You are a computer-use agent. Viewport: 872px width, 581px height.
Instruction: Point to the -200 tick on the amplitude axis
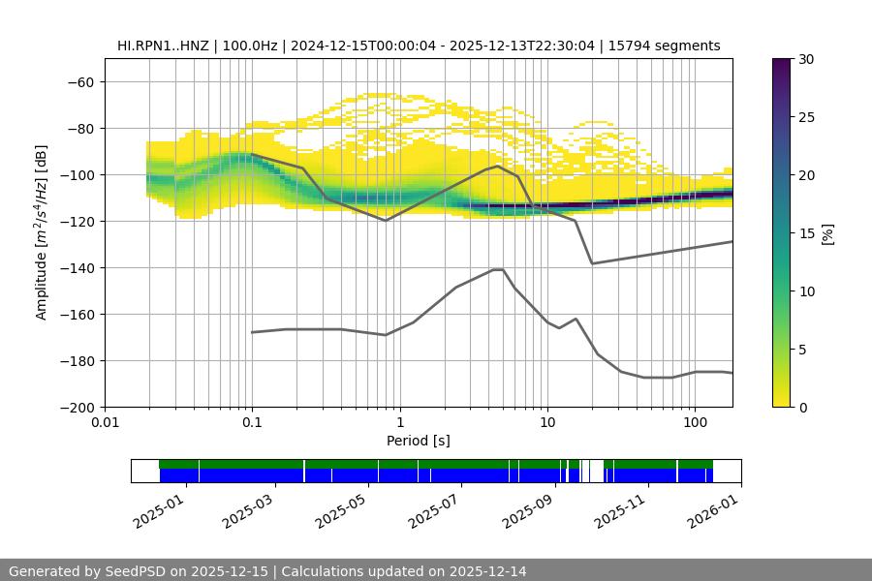point(78,408)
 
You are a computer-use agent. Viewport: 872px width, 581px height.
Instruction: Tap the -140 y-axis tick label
point(78,268)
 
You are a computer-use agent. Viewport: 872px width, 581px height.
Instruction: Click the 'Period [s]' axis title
point(419,442)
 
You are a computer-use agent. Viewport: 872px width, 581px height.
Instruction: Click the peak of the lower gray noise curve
point(498,269)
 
